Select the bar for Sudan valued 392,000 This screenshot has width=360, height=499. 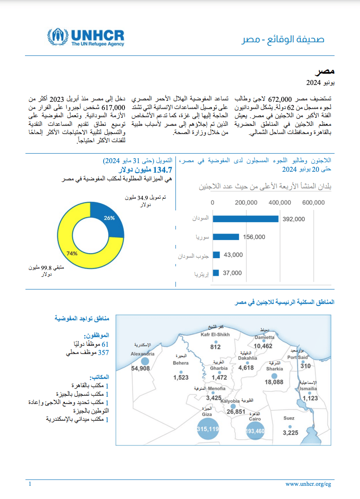(245, 219)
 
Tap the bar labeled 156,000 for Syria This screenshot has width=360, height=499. (225, 237)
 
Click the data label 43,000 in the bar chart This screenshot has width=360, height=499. (233, 255)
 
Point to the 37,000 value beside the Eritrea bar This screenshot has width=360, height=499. (232, 273)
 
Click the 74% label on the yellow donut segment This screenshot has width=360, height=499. (72, 253)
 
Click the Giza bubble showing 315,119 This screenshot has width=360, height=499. (208, 429)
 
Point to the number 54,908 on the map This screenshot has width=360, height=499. (140, 368)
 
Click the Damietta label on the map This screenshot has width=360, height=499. (264, 337)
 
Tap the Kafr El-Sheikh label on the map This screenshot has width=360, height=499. (216, 335)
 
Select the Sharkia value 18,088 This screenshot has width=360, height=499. (274, 382)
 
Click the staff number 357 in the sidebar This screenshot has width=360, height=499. (104, 352)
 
